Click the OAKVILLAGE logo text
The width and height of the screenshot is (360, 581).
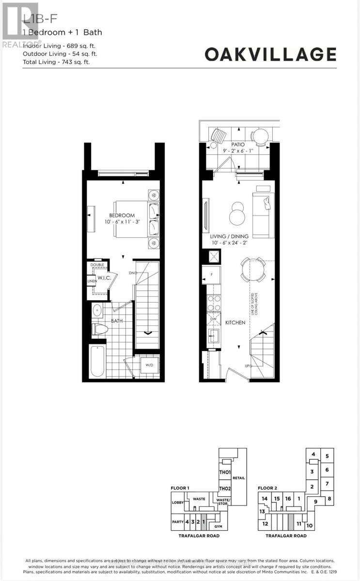[270, 54]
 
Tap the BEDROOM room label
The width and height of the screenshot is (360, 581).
[122, 215]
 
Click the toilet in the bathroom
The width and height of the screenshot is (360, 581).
[100, 329]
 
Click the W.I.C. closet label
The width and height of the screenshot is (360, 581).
[104, 278]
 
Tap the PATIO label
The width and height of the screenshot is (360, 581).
[237, 145]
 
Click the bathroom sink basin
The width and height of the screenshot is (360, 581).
[97, 310]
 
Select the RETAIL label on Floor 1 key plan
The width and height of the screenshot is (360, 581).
[238, 478]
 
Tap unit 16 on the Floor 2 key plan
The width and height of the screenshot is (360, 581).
[288, 499]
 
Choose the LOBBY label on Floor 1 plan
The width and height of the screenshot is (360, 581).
[177, 503]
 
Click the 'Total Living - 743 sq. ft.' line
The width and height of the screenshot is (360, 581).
[56, 62]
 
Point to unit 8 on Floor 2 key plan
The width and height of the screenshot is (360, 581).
[329, 499]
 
